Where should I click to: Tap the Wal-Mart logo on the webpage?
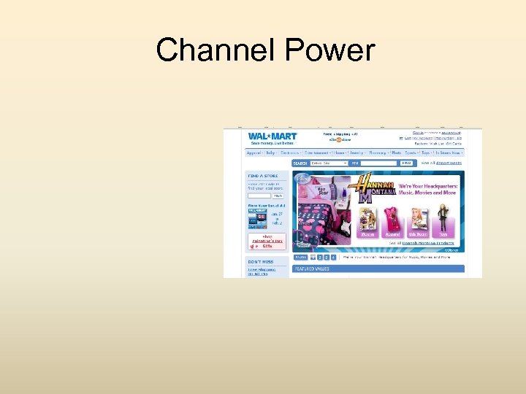[x=272, y=136]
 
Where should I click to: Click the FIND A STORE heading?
[x=262, y=176]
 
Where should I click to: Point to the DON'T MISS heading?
[x=260, y=262]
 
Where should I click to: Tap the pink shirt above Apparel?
[x=392, y=220]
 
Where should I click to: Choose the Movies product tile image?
[x=368, y=220]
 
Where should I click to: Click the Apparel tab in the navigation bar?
[x=254, y=153]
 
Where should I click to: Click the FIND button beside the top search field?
[x=407, y=163]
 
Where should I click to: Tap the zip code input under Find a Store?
[x=259, y=196]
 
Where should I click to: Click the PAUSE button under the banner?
[x=300, y=258]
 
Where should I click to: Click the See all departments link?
[x=441, y=163]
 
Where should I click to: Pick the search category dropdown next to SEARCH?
[x=329, y=163]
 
